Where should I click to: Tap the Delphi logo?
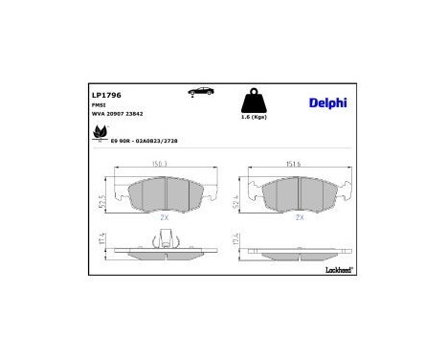pyautogui.click(x=327, y=102)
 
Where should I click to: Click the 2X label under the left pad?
pyautogui.click(x=166, y=218)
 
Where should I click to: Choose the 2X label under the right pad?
pyautogui.click(x=300, y=218)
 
